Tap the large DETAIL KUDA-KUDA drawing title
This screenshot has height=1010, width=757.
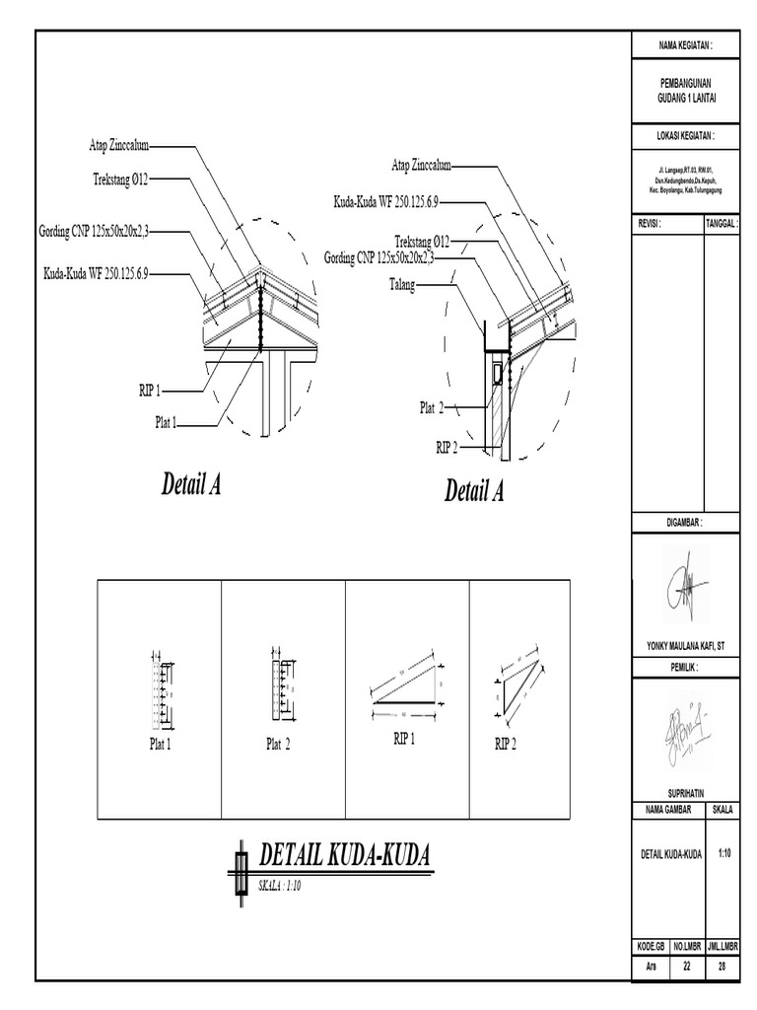(x=344, y=856)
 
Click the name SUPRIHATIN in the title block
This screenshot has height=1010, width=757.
(x=684, y=792)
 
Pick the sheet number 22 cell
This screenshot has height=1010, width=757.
(x=686, y=967)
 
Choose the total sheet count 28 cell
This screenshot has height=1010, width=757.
(x=722, y=967)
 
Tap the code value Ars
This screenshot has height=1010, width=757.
(x=651, y=967)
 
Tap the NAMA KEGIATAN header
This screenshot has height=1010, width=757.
(x=684, y=45)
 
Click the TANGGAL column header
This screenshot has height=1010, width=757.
(x=722, y=224)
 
